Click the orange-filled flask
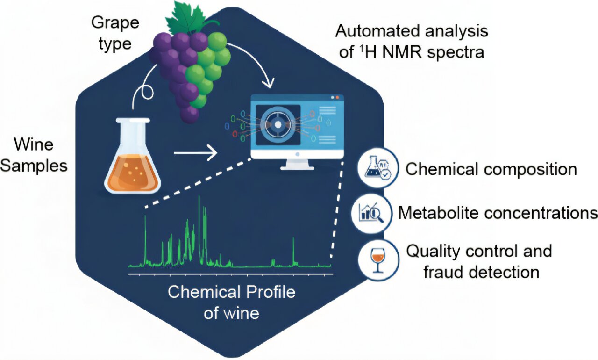[134, 164]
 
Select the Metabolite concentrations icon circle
[372, 213]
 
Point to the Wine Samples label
[34, 154]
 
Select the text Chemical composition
[491, 169]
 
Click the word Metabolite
[438, 213]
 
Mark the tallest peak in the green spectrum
[199, 198]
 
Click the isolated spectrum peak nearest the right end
[293, 241]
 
